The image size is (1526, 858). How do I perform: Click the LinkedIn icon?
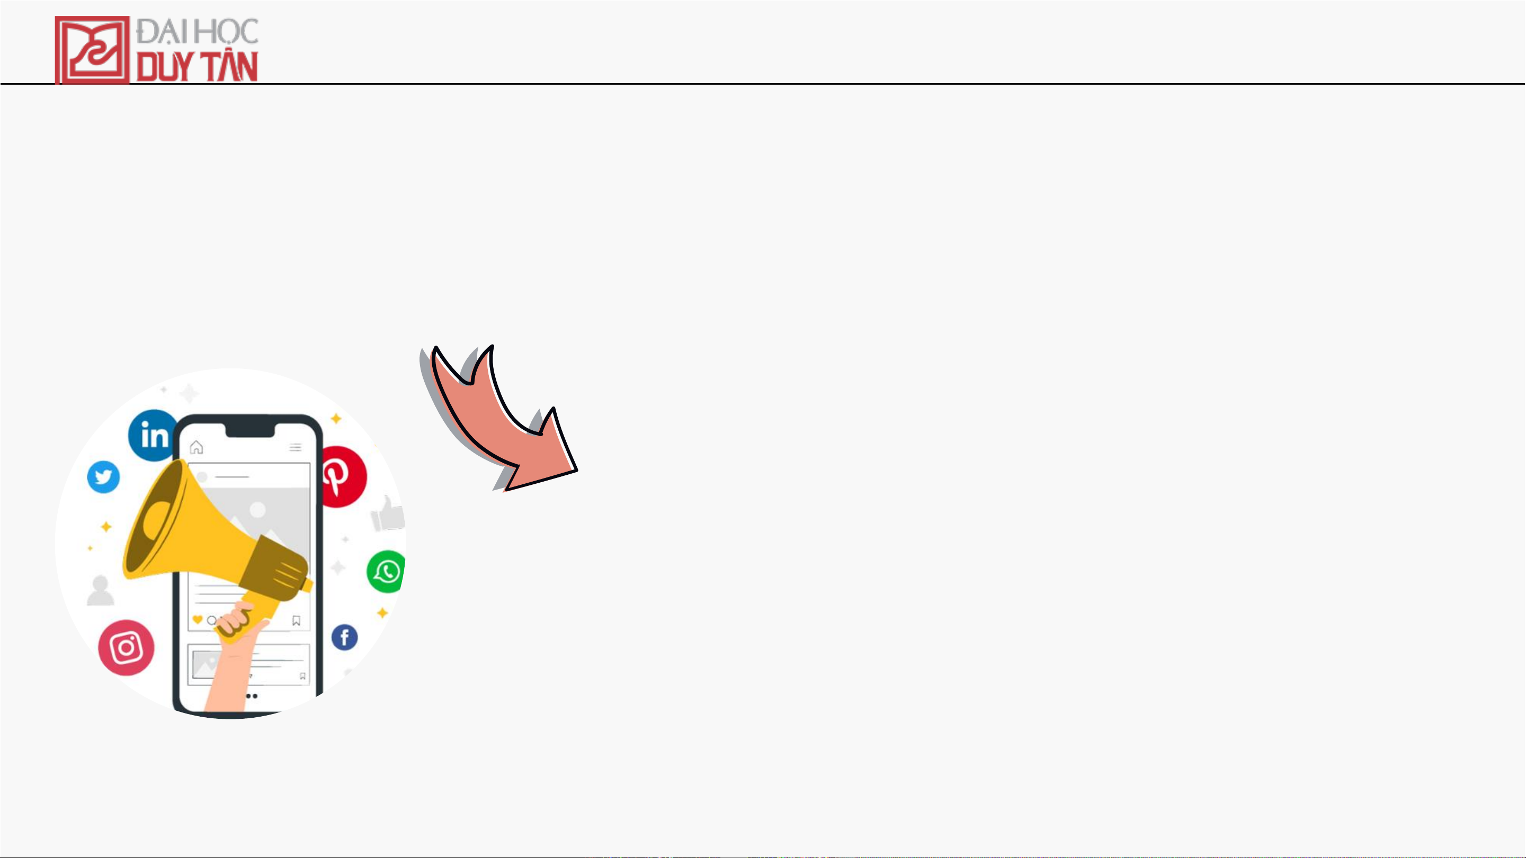(x=153, y=435)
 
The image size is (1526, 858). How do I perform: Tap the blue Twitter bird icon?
(x=104, y=477)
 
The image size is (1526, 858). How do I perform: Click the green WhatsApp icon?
(x=386, y=572)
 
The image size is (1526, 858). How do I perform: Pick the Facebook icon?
(x=344, y=638)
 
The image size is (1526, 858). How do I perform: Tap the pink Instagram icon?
(x=126, y=647)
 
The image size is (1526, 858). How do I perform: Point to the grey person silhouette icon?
(x=100, y=590)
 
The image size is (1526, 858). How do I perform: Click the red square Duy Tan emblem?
(x=92, y=50)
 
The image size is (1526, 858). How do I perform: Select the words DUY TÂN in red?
(x=197, y=66)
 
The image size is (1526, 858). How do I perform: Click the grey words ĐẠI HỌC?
(x=197, y=31)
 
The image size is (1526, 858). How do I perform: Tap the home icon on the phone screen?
(x=196, y=447)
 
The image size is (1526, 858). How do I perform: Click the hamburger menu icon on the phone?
(x=296, y=447)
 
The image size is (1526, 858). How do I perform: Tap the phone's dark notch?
(x=250, y=430)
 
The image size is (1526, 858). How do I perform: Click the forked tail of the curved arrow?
(x=463, y=367)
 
